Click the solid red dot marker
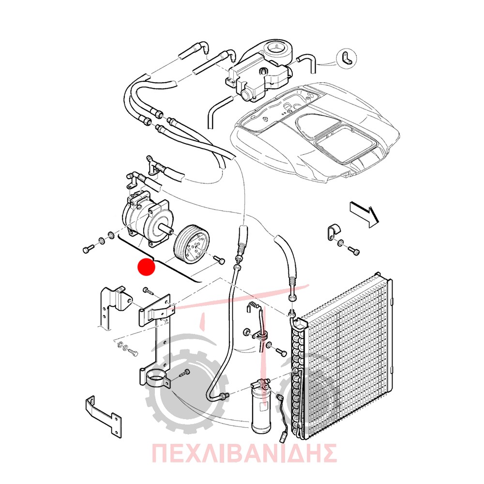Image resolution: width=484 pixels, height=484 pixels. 146,267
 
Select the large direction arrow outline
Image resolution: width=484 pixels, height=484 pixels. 364,214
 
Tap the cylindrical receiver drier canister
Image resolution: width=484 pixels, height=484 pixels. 261,408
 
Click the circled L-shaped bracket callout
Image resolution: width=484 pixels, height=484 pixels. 347,59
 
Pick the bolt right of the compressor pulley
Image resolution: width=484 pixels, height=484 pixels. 219,260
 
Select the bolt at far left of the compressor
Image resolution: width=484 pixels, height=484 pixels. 89,248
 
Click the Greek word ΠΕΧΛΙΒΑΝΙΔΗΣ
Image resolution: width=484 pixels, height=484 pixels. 244,453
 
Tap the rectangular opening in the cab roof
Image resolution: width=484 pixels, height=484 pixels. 346,146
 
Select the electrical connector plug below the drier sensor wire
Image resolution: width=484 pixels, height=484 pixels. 283,436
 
